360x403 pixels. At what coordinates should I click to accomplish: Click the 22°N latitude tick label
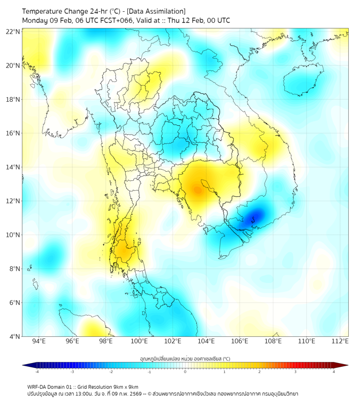[13, 31]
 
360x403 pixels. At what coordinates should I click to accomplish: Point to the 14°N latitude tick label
[13, 167]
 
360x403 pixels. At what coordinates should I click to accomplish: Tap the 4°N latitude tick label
[15, 336]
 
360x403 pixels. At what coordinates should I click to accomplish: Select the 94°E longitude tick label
[39, 341]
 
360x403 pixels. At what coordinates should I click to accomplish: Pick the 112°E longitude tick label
[340, 341]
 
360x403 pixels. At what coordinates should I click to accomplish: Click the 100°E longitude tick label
[139, 341]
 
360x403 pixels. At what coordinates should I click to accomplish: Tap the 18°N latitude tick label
[13, 100]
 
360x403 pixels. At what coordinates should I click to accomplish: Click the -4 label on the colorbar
[36, 372]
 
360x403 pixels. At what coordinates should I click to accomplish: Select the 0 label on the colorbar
[185, 372]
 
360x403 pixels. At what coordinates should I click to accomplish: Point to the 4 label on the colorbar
[334, 372]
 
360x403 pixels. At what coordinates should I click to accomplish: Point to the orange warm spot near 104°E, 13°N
[197, 189]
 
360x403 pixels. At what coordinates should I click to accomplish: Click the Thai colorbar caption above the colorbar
[185, 358]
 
